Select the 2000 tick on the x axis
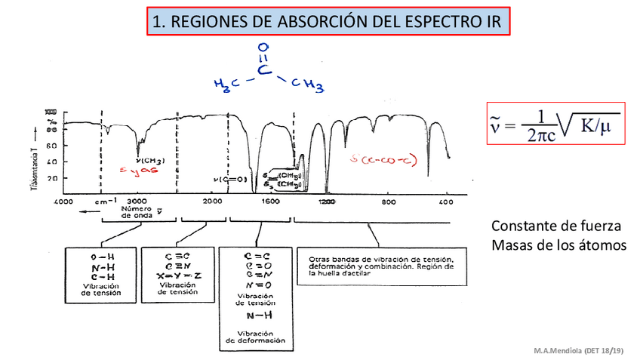coord(212,202)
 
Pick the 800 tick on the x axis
coord(388,202)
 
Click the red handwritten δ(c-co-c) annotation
coord(385,160)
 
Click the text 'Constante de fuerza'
coord(555,226)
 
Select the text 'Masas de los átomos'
coord(558,245)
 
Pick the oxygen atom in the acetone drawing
coord(263,48)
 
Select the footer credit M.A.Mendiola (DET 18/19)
coord(579,352)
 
